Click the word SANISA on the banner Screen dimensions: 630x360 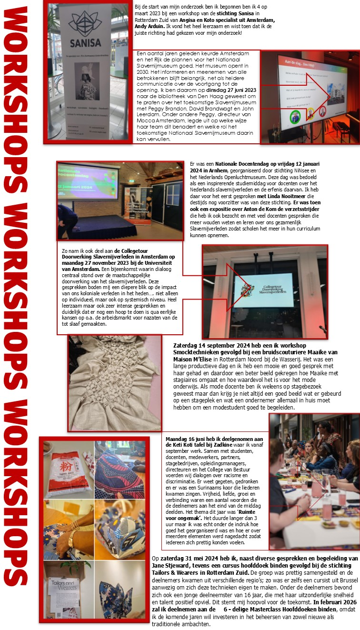click(x=86, y=42)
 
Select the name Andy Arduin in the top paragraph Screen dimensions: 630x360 click(x=149, y=26)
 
